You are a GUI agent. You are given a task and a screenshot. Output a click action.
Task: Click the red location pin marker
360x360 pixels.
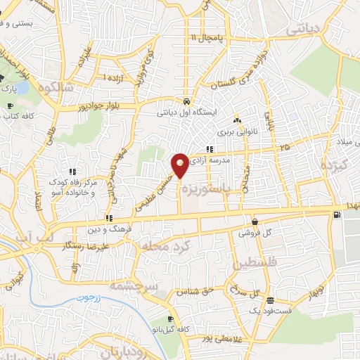[180, 165]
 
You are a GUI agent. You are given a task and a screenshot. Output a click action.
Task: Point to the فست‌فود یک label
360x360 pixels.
[269, 310]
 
